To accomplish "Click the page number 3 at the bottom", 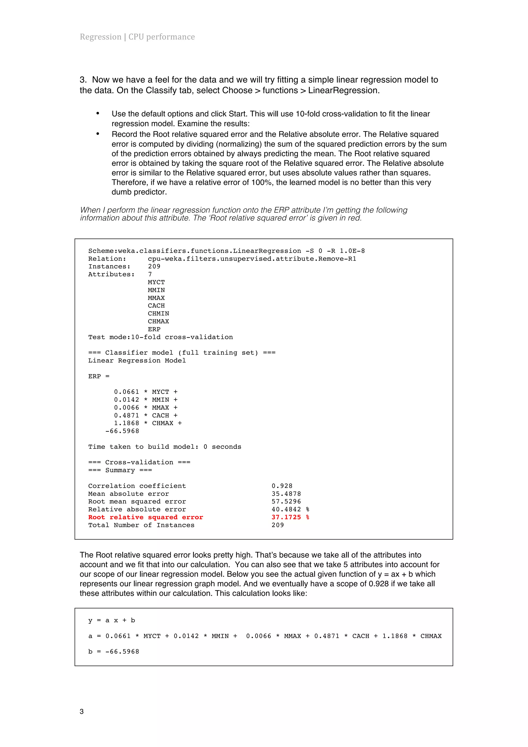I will coord(82,711).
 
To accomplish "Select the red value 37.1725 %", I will coord(290,517).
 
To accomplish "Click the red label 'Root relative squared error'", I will coord(145,517).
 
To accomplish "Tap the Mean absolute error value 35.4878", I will coord(286,494).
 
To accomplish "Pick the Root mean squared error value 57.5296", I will coord(286,501).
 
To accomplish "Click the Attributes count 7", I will coord(150,274).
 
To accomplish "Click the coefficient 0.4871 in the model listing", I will coord(126,415).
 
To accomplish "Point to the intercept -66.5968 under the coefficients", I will coord(122,431).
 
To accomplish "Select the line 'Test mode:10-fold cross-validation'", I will coord(160,337).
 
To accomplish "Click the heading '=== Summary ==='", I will coord(120,470).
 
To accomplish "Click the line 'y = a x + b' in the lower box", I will coord(111,620).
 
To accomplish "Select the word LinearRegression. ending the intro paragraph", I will coord(344,90).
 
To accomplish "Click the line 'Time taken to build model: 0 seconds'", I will coord(165,447).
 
